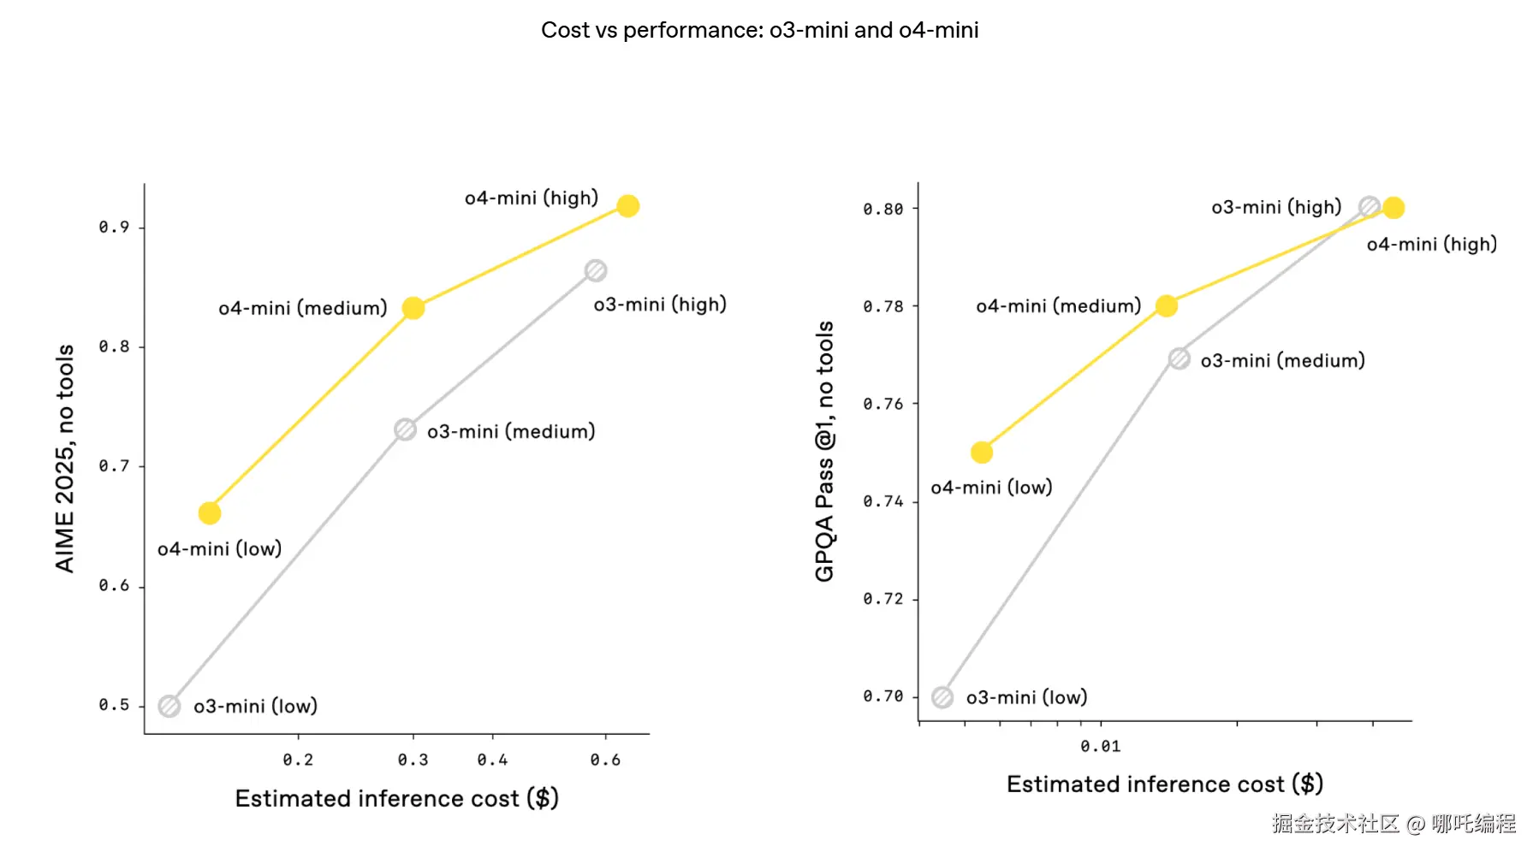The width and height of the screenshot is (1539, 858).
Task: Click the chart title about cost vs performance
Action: pos(759,30)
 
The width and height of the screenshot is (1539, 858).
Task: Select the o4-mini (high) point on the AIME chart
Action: pos(627,206)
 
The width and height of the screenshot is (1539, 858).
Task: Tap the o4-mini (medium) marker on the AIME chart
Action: pos(413,308)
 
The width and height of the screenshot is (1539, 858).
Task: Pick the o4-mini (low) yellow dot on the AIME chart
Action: pos(210,513)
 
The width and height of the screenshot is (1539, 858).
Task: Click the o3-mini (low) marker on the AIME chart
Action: pos(169,707)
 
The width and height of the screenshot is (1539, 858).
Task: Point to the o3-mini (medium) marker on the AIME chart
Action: pos(405,429)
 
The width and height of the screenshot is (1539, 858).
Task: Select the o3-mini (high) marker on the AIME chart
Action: pos(596,271)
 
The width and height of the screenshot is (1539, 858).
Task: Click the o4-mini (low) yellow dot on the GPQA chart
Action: pos(982,453)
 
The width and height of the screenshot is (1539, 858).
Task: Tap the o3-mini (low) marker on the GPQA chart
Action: pos(942,698)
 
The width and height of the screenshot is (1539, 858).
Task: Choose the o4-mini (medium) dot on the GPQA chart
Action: pos(1166,306)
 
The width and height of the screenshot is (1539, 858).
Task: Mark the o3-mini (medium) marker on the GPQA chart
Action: pos(1179,359)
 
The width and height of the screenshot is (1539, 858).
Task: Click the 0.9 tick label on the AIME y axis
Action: pos(114,228)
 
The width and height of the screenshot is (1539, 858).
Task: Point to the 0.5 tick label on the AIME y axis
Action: pos(114,706)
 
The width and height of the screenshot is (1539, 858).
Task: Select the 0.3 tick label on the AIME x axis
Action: pos(413,760)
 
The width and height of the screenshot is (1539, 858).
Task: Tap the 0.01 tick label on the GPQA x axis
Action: pos(1100,747)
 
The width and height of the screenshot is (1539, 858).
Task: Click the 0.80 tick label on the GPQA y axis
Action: pos(882,210)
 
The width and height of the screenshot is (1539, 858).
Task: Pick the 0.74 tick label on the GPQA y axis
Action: pos(882,501)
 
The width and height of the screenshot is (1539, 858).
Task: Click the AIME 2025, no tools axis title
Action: pos(65,459)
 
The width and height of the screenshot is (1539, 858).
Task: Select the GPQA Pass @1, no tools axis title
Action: pos(824,452)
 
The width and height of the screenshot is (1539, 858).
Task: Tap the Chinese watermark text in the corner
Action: pos(1393,824)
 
